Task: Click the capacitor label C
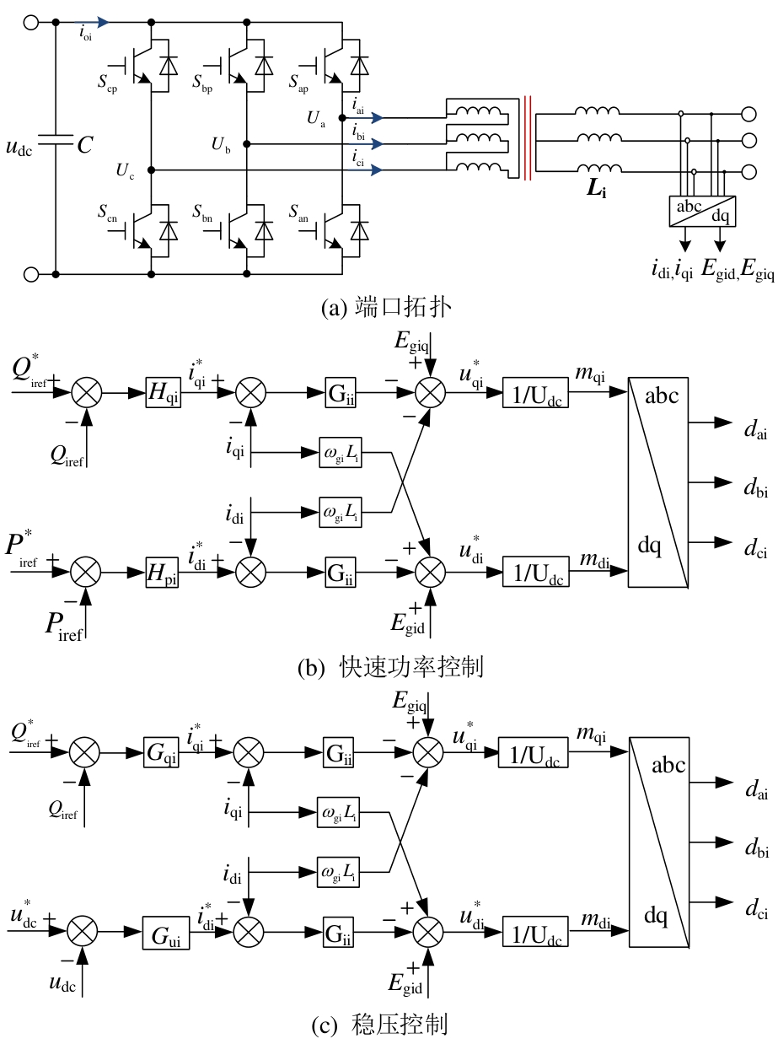click(85, 144)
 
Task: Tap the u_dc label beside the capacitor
click(19, 147)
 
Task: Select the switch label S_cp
click(107, 83)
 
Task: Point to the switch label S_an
click(298, 213)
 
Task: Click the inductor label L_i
click(597, 188)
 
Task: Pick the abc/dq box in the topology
click(702, 211)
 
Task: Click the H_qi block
click(163, 393)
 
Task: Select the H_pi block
click(163, 573)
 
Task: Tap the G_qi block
click(162, 752)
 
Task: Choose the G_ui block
click(166, 933)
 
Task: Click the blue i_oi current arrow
click(92, 22)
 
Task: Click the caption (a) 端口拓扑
click(386, 308)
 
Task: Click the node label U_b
click(221, 144)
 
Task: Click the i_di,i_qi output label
click(672, 270)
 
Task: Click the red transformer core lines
click(527, 138)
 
